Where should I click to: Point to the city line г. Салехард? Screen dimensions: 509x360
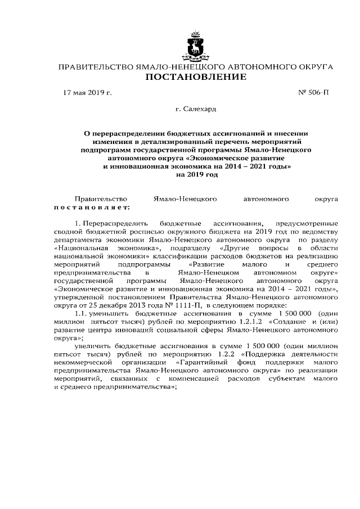[196, 109]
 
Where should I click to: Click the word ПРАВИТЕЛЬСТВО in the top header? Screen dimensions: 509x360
[92, 67]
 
